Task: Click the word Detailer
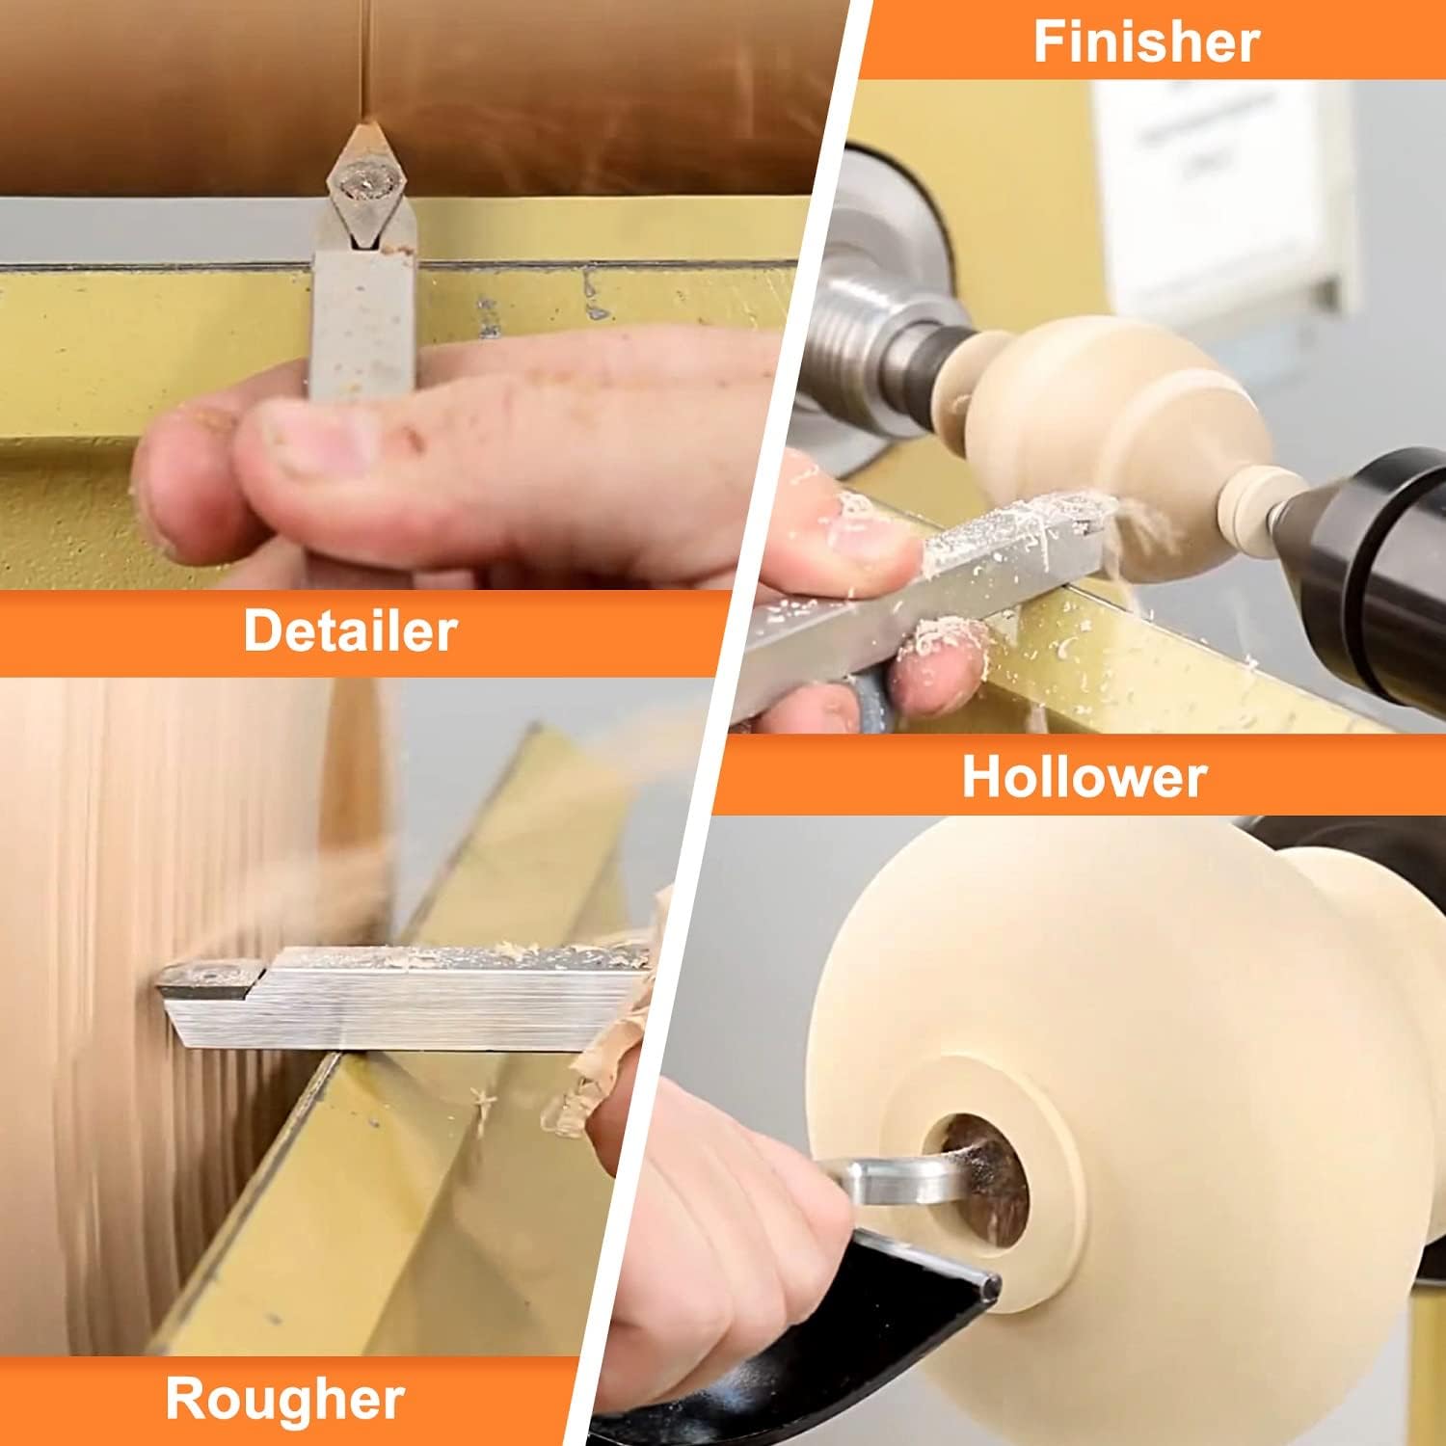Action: tap(350, 631)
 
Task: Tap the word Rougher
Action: tap(284, 1400)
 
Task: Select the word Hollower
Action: tap(1084, 776)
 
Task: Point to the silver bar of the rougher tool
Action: tap(405, 998)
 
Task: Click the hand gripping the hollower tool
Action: tap(713, 1234)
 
